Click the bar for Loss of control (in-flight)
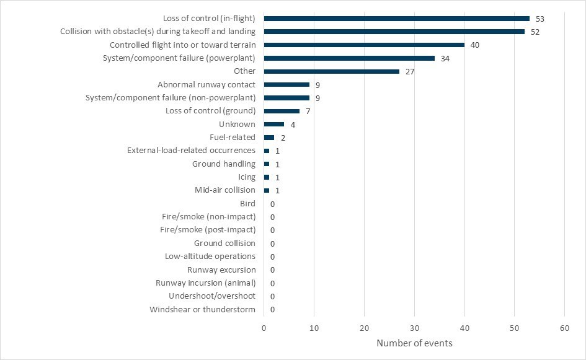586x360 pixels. [x=397, y=19]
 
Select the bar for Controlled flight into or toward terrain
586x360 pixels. [x=364, y=45]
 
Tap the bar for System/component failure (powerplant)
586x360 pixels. [x=349, y=58]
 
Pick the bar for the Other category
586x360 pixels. [x=332, y=71]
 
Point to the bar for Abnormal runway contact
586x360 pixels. [x=286, y=84]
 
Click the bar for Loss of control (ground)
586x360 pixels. [x=282, y=111]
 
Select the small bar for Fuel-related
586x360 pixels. [x=269, y=138]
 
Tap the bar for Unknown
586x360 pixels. [x=274, y=124]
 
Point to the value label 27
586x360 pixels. [x=409, y=71]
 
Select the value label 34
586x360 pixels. [x=445, y=58]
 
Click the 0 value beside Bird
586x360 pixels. [x=272, y=204]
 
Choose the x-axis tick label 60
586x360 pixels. [x=564, y=328]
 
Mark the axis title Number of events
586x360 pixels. [x=414, y=343]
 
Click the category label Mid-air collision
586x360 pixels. [x=225, y=190]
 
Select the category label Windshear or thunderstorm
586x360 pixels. [x=202, y=309]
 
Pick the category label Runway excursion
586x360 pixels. [x=221, y=270]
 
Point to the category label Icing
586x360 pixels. [x=247, y=177]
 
